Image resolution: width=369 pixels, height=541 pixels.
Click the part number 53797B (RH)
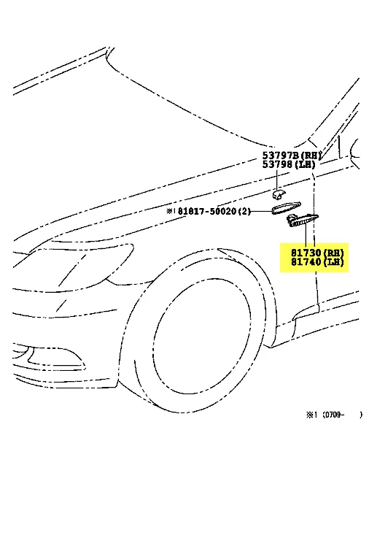(x=292, y=156)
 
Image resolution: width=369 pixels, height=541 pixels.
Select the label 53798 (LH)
(x=289, y=164)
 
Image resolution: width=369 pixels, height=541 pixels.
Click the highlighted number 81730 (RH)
(x=317, y=253)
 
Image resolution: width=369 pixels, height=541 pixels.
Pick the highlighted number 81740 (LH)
(x=317, y=262)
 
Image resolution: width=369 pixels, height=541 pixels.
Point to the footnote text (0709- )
(x=342, y=415)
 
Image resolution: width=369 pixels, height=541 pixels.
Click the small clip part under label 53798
(x=278, y=196)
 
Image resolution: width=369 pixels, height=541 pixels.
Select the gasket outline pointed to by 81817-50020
(x=286, y=208)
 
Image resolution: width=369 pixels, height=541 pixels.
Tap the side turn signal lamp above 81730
(x=303, y=220)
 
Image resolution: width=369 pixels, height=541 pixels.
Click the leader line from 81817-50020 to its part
(x=261, y=211)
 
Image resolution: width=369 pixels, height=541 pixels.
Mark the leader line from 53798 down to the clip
(x=276, y=180)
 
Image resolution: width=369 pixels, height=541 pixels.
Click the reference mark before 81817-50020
(x=171, y=210)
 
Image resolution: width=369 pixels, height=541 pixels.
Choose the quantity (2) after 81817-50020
(x=244, y=211)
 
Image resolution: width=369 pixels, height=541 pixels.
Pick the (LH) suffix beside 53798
(x=304, y=164)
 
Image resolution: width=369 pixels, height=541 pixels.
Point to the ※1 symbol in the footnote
(x=311, y=415)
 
